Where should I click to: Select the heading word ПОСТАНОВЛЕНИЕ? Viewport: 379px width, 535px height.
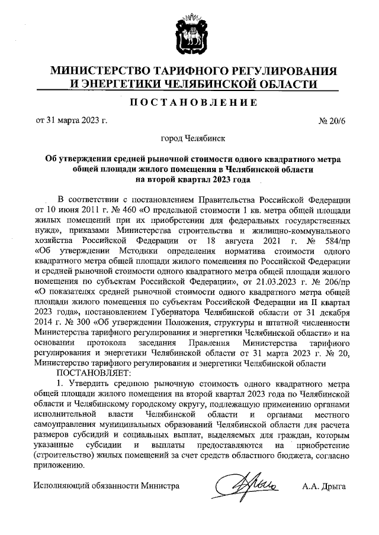point(189,102)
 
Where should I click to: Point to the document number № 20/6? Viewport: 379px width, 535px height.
point(331,121)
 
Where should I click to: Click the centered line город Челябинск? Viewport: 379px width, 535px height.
point(189,140)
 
